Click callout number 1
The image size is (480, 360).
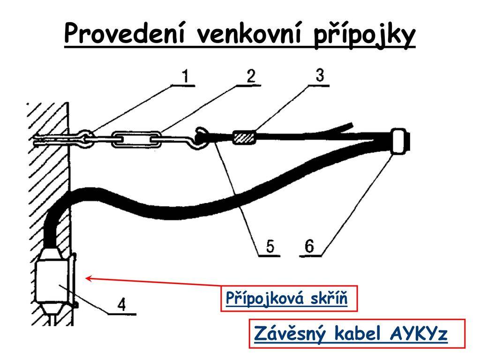click(185, 76)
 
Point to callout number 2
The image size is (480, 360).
click(251, 76)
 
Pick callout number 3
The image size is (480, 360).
click(320, 75)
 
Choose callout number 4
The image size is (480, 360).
click(122, 304)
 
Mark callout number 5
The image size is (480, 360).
click(270, 246)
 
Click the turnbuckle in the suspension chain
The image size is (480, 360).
click(136, 139)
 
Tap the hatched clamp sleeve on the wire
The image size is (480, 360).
click(244, 137)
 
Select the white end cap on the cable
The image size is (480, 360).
click(398, 141)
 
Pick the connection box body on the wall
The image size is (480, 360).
click(52, 281)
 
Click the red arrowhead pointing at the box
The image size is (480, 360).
click(89, 278)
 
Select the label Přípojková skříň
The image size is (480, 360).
click(286, 298)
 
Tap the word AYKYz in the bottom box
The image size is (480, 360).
click(419, 333)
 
